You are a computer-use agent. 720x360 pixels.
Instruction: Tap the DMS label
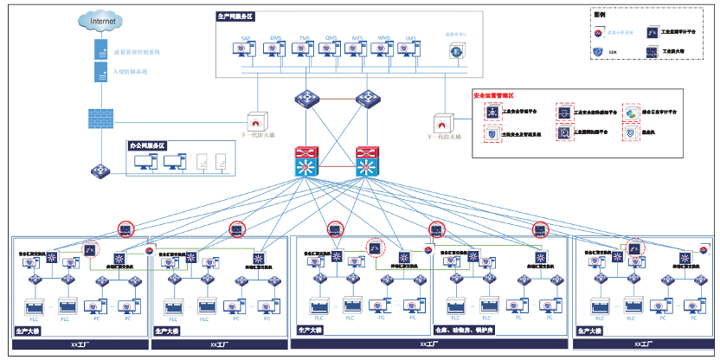(x=274, y=38)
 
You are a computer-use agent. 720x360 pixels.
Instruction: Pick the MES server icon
(x=355, y=50)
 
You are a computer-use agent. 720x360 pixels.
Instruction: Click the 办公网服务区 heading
(x=147, y=145)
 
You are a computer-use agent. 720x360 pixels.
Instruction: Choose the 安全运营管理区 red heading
(x=494, y=94)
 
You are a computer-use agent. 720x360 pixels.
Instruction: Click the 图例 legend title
(x=600, y=14)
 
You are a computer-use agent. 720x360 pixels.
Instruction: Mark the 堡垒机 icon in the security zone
(x=632, y=134)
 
